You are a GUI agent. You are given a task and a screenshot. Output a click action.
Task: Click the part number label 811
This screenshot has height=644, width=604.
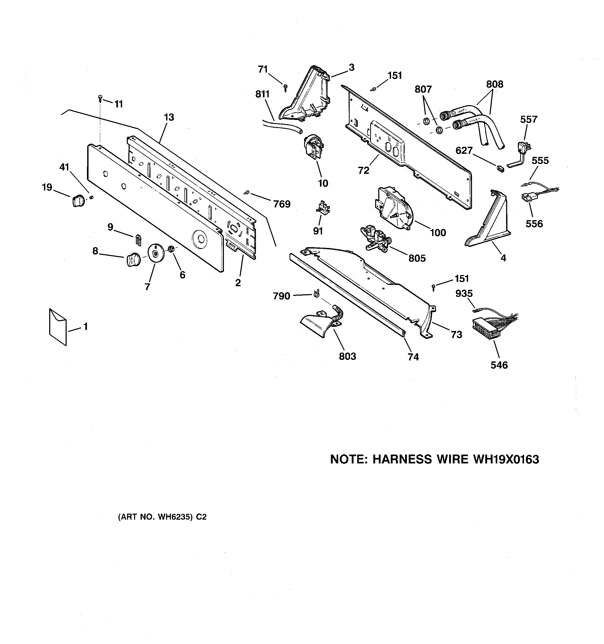[x=262, y=94]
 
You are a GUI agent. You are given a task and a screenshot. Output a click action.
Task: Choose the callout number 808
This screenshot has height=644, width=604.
[x=494, y=84]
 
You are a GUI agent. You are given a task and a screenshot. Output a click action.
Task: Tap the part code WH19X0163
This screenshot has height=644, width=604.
[x=506, y=459]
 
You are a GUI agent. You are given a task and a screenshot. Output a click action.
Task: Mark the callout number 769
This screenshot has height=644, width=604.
[x=281, y=204]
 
